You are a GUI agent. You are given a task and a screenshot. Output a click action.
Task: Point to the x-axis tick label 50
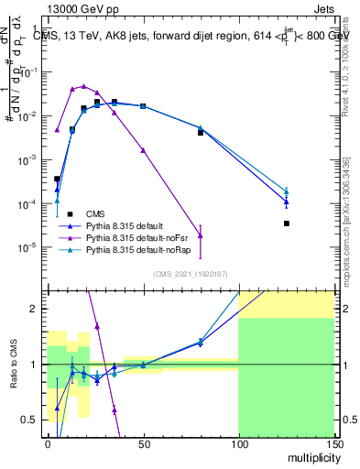click(x=142, y=442)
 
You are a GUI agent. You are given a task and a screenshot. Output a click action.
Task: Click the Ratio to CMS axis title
click(x=13, y=364)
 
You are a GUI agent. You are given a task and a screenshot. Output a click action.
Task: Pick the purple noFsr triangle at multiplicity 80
click(x=200, y=235)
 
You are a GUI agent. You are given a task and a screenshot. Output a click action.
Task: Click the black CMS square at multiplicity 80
click(x=200, y=133)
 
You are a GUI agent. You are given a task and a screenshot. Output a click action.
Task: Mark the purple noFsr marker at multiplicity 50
click(x=143, y=149)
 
